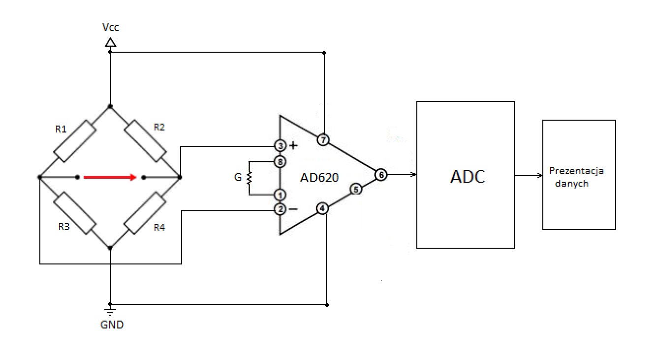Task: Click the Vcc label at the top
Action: (111, 27)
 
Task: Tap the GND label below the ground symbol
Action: (112, 325)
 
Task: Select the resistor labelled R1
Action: (75, 141)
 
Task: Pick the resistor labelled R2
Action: (146, 141)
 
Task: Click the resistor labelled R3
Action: (75, 213)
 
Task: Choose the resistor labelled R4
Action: (145, 213)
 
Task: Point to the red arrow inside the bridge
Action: (110, 177)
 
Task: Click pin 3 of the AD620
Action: (280, 146)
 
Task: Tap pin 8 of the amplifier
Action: (280, 162)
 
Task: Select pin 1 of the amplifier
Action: (280, 195)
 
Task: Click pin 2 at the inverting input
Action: (280, 209)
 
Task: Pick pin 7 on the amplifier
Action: (323, 140)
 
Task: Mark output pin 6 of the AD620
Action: (381, 175)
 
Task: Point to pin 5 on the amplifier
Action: (356, 189)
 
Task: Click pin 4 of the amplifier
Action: (322, 209)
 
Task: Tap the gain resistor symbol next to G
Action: (250, 178)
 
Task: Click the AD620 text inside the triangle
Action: (319, 178)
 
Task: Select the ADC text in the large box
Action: (468, 177)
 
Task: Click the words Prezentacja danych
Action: (576, 177)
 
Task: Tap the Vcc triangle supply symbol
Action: (111, 42)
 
